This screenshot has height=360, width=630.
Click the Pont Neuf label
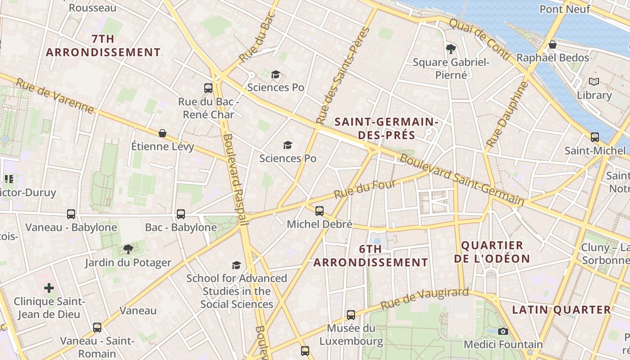[564, 9]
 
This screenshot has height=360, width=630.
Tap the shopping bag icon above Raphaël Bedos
[553, 45]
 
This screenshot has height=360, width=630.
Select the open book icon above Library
[594, 82]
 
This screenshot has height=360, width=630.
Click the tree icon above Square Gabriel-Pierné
[450, 49]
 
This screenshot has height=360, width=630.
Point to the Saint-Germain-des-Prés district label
[387, 128]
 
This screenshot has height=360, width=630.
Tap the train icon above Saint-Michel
[595, 137]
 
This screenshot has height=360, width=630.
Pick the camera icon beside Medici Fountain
[503, 331]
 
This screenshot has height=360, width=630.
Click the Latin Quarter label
[562, 310]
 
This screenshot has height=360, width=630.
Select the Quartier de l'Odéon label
[492, 252]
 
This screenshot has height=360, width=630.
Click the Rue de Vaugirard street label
[425, 299]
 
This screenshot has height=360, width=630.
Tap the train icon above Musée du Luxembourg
[351, 315]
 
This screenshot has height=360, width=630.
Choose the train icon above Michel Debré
[319, 211]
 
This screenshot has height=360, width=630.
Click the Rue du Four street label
[365, 189]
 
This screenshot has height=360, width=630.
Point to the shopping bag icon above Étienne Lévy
[162, 133]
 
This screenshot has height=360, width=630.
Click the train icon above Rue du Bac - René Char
[208, 88]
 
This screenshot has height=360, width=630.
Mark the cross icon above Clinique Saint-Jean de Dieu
[49, 288]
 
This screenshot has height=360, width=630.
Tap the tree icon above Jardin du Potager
[128, 249]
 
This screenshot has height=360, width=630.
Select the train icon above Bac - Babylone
[181, 214]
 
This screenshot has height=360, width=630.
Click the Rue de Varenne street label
[55, 96]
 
